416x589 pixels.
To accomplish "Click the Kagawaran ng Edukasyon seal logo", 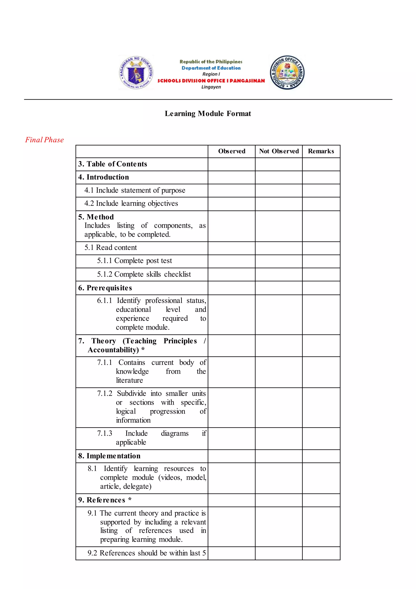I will (x=136, y=73).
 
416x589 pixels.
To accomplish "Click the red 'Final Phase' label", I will (x=44, y=140).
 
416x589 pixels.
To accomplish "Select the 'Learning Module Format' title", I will (x=208, y=113).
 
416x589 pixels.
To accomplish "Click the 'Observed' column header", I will (x=232, y=151).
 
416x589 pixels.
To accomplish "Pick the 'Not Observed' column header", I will (x=279, y=151).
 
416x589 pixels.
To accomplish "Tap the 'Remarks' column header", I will (x=321, y=151).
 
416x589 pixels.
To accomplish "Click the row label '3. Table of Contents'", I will (x=113, y=164).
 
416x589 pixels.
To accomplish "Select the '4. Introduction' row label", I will (x=104, y=177).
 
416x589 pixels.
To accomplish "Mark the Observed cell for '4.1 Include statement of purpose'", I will (x=232, y=191).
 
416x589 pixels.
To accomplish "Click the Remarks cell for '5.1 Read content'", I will (x=321, y=248).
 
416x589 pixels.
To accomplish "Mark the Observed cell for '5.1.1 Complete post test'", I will (x=232, y=261).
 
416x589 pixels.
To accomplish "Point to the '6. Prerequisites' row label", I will (x=105, y=288).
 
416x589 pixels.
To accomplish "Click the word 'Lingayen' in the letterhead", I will (x=211, y=87).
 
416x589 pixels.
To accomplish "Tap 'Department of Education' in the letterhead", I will (x=211, y=68).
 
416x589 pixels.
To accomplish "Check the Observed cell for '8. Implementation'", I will (x=232, y=456).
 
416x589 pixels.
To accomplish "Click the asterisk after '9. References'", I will (x=130, y=499).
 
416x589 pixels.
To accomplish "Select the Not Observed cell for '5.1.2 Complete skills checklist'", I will (x=279, y=275).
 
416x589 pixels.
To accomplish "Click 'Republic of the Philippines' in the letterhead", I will (x=211, y=62).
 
